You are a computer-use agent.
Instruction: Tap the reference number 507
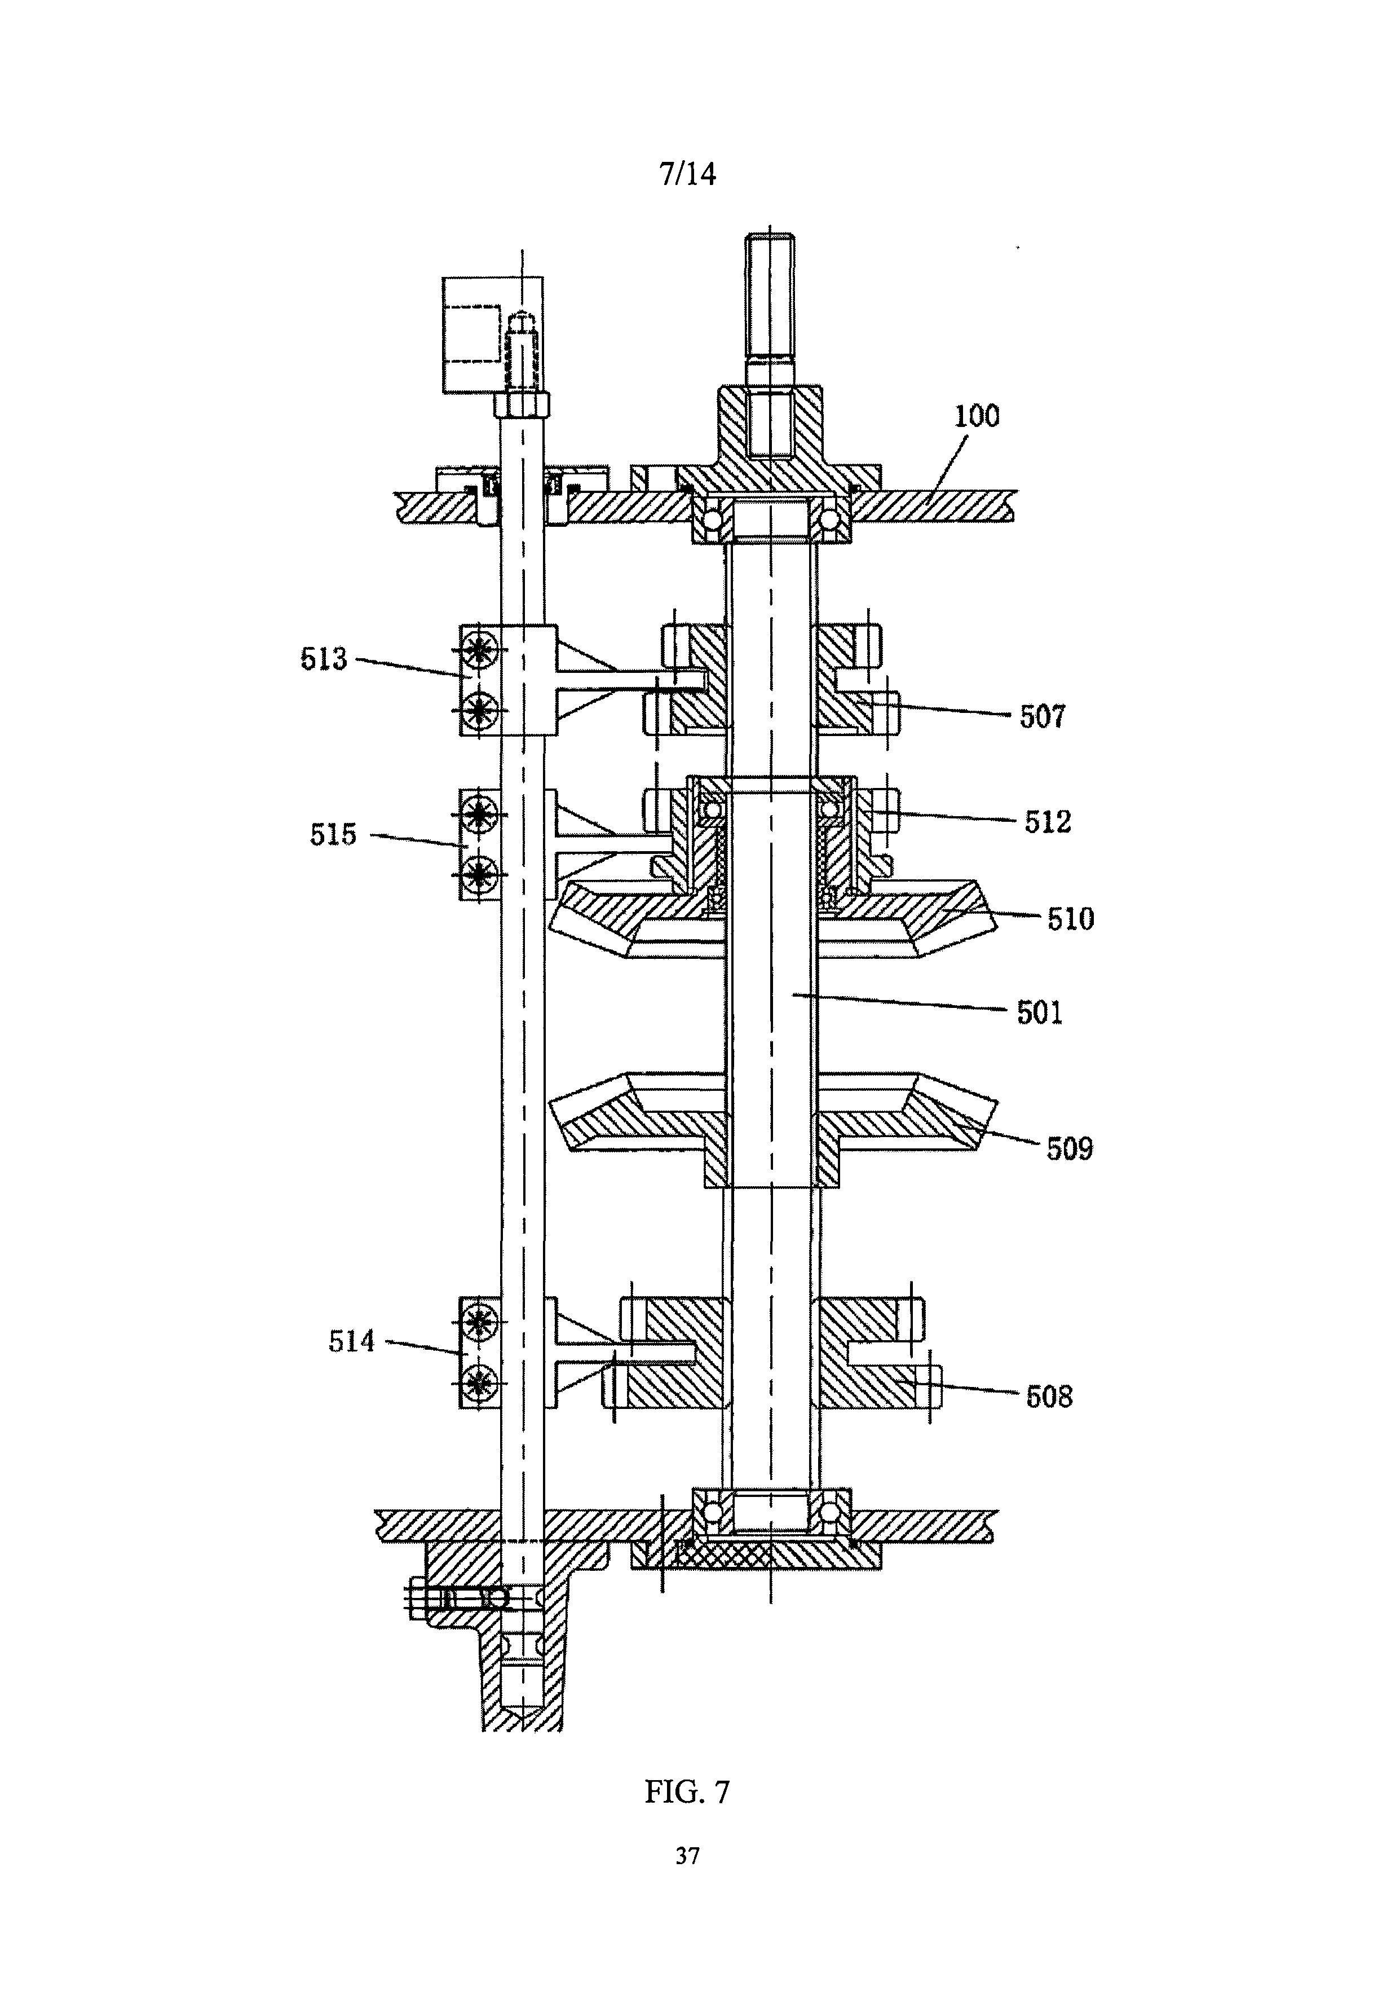[x=1041, y=717]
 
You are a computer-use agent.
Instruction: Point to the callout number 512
[x=1048, y=822]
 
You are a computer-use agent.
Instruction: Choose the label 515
[x=333, y=835]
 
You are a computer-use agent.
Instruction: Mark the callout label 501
[x=1040, y=1013]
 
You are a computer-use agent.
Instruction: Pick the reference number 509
[x=1069, y=1150]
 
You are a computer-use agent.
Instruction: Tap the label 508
[x=1049, y=1397]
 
